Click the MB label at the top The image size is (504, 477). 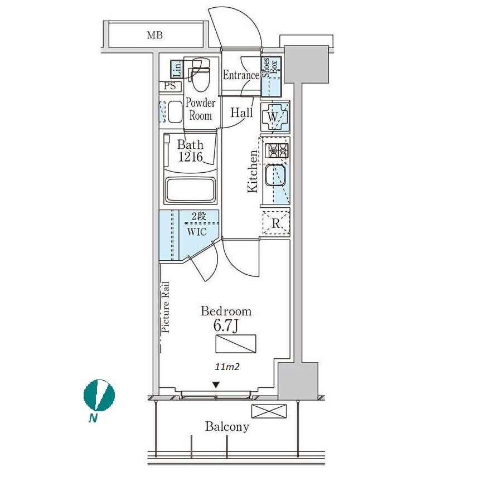click(x=154, y=35)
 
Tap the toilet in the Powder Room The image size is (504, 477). click(x=200, y=75)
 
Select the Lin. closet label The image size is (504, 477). click(x=177, y=69)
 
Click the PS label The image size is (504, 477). click(x=169, y=86)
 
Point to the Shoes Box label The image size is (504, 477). click(x=269, y=67)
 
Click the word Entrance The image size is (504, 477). click(x=241, y=75)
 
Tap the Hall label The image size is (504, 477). click(x=241, y=113)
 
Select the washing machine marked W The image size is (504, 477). click(x=275, y=116)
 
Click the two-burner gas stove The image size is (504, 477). click(x=276, y=150)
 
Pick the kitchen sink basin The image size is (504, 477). click(x=275, y=176)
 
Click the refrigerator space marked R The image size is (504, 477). click(x=276, y=222)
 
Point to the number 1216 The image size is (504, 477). click(x=190, y=157)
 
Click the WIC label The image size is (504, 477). click(x=197, y=232)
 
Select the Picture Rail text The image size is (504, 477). click(x=165, y=307)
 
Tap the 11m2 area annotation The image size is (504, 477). click(x=227, y=367)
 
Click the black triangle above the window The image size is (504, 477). click(x=216, y=384)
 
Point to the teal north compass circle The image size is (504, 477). click(x=99, y=396)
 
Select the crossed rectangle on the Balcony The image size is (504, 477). click(x=269, y=411)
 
